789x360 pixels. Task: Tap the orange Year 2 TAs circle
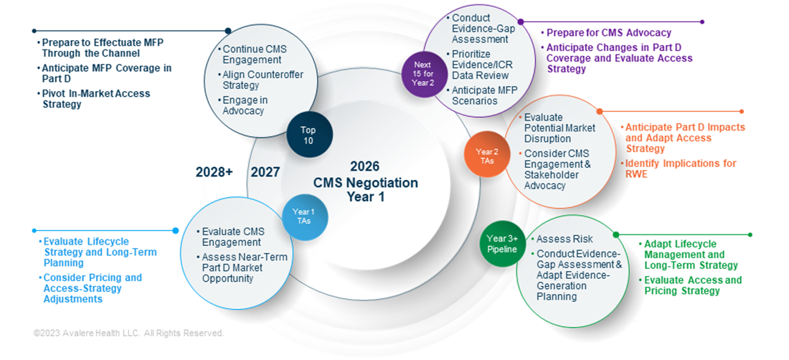(x=486, y=156)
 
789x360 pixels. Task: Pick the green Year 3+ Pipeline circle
(x=501, y=244)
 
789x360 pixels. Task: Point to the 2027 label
(x=265, y=172)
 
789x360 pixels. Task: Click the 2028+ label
(x=214, y=172)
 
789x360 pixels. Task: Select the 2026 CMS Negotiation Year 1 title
(x=365, y=181)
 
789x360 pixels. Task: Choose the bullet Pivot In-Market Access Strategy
(x=95, y=99)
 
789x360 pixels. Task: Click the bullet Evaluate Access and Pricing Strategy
(x=692, y=285)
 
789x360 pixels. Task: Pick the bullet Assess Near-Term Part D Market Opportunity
(x=232, y=267)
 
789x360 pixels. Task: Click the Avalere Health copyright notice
(x=128, y=333)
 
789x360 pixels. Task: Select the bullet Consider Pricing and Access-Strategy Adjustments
(x=92, y=288)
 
